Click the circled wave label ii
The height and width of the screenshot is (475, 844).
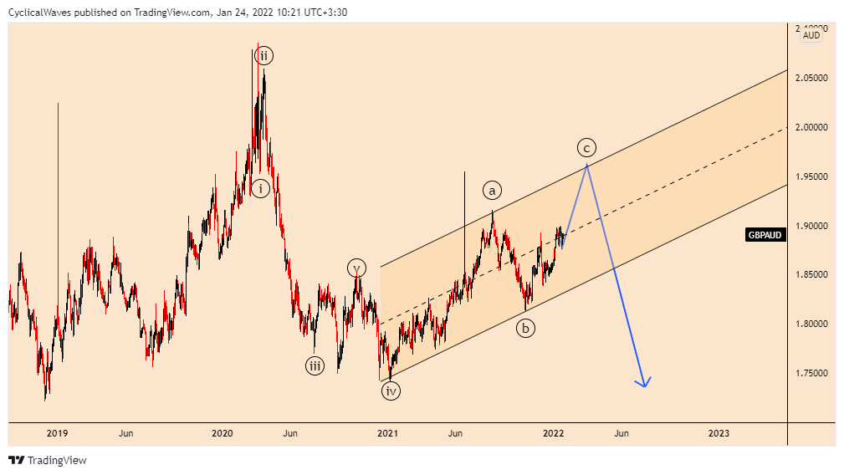(263, 57)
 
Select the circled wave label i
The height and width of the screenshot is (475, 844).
(261, 188)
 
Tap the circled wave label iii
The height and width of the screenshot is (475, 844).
(315, 365)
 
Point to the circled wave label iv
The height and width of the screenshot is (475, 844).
(391, 391)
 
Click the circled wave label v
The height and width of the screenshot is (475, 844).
(357, 268)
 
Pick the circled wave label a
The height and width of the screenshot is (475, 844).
(492, 190)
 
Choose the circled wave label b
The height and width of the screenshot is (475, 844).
(525, 329)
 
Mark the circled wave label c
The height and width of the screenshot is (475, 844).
(586, 148)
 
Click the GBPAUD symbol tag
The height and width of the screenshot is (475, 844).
(765, 235)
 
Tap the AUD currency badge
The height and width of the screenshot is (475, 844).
(811, 35)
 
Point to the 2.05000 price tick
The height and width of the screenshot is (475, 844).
(811, 78)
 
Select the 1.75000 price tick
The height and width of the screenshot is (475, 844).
(811, 373)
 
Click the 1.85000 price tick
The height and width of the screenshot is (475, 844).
(811, 274)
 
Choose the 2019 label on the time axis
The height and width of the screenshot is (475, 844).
(57, 433)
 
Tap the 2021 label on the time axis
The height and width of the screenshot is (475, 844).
(387, 433)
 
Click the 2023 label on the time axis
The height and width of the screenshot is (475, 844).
(719, 433)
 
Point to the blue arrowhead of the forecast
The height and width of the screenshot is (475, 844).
(643, 383)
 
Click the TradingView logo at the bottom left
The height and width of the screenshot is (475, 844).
(48, 460)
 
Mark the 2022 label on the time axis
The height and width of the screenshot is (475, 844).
(553, 433)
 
